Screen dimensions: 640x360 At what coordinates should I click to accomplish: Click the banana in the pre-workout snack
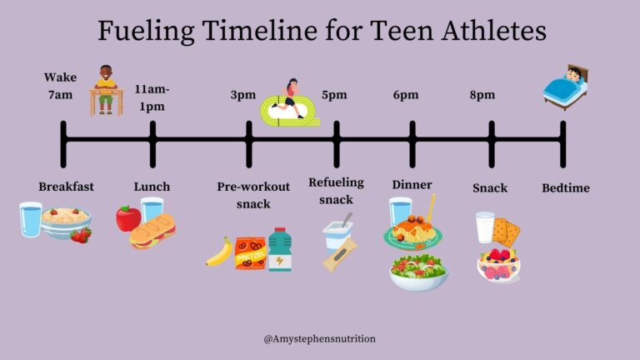pos(220,252)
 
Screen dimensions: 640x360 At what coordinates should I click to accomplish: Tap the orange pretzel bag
pos(250,253)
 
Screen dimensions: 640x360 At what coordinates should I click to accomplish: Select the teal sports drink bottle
pos(280,249)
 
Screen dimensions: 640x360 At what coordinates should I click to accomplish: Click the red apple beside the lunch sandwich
pos(128,218)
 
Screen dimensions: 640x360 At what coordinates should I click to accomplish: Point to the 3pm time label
pos(242,95)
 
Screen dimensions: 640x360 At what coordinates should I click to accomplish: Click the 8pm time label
pos(482,95)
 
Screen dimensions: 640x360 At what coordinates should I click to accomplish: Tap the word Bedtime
pos(566,187)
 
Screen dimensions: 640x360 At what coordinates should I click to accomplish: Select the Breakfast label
pos(66,187)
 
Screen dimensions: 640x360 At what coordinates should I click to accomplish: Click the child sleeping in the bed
pos(566,87)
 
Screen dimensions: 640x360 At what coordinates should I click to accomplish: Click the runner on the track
pos(289,98)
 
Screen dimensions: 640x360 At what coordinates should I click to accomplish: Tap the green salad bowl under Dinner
pos(419,272)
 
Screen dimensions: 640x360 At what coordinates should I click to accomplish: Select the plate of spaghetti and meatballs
pos(413,232)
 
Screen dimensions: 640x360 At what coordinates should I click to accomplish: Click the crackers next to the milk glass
pos(506,232)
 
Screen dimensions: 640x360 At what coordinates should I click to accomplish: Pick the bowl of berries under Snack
pos(499,265)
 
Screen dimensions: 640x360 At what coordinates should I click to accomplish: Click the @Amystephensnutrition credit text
pos(320,339)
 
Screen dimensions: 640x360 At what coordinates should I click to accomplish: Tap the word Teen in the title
pos(402,31)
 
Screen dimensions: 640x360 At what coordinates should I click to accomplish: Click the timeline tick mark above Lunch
pos(152,144)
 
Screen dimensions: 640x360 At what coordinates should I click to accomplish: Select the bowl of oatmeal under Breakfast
pos(65,223)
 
